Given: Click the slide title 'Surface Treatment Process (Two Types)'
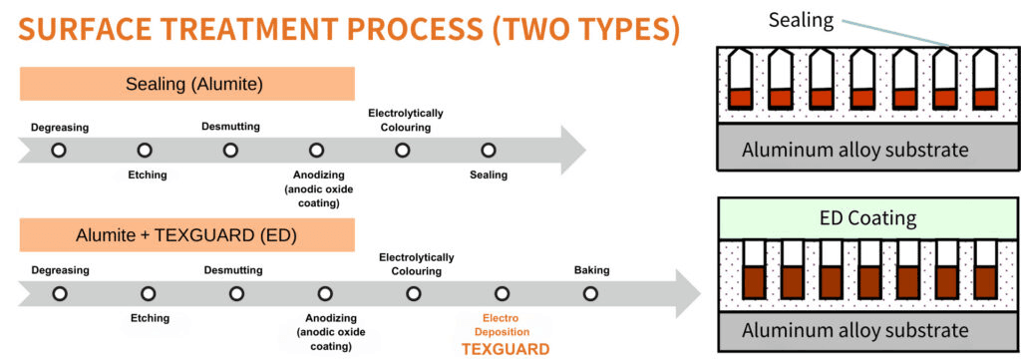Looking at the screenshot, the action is click(x=348, y=31).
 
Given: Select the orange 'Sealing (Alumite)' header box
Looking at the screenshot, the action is click(x=186, y=84).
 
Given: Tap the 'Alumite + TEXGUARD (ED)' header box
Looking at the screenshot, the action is click(x=186, y=234).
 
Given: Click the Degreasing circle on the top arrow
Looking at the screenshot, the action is click(x=59, y=151).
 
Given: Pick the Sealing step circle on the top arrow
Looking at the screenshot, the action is click(x=489, y=151).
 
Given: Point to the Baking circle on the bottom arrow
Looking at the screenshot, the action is click(x=590, y=293).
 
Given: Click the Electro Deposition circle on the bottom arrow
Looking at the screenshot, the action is click(x=501, y=293).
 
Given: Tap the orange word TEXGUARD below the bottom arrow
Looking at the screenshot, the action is click(x=506, y=349).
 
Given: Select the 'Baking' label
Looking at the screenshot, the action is click(x=592, y=270).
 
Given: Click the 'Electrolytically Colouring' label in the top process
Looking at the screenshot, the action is click(x=406, y=120).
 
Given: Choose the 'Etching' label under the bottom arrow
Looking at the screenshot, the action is click(x=151, y=318).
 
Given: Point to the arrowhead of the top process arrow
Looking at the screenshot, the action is click(x=573, y=151).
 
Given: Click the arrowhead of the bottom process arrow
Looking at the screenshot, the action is click(x=688, y=293).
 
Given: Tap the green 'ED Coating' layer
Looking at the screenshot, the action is click(x=867, y=217).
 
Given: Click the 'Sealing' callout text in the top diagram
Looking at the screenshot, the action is click(x=801, y=20).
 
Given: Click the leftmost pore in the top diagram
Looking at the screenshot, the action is click(x=739, y=80).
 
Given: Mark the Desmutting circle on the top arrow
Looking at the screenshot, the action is click(x=230, y=151).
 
